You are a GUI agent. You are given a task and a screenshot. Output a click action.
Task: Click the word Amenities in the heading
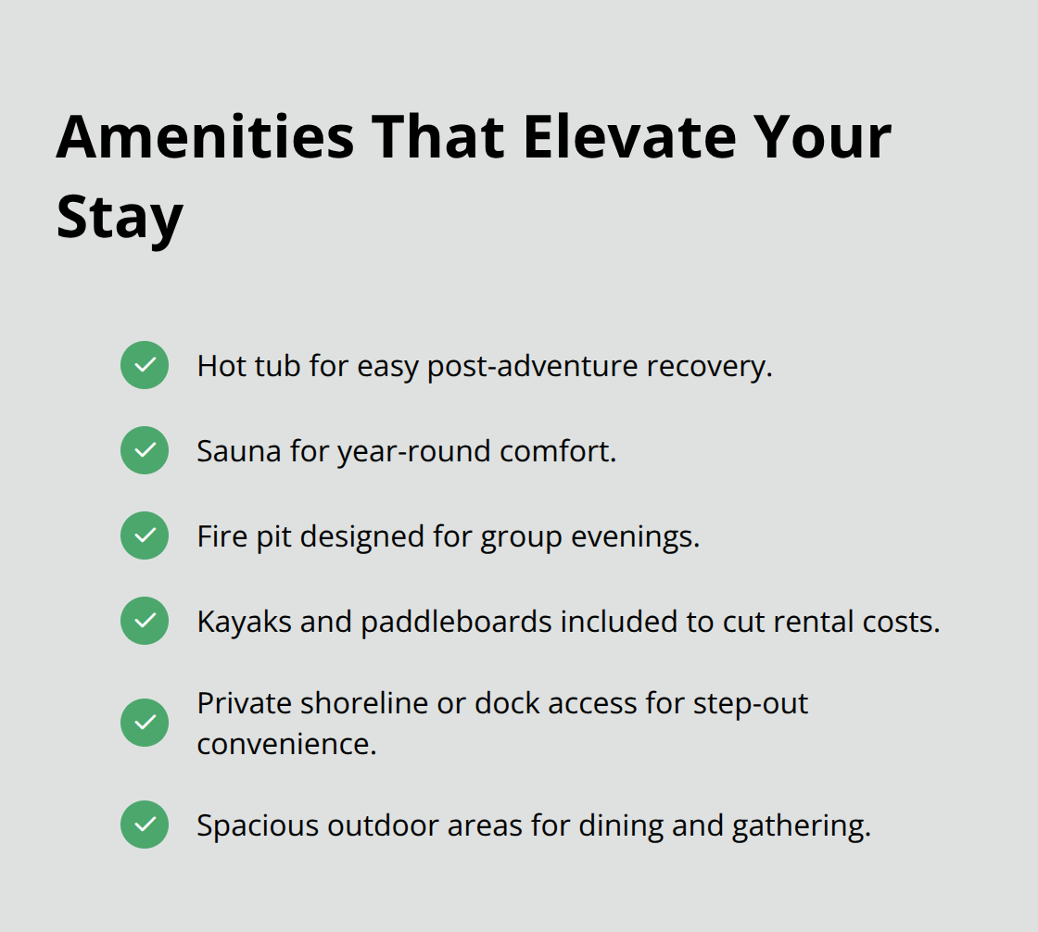[x=205, y=136]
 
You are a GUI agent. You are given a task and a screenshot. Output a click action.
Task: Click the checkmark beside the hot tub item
[x=145, y=365]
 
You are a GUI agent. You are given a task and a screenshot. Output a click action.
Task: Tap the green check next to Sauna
[x=145, y=450]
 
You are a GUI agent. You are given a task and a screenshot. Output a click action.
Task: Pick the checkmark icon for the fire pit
[x=145, y=535]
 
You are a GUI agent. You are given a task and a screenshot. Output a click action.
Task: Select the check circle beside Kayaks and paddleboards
[x=145, y=621]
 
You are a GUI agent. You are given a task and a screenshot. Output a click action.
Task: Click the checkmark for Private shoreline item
[x=145, y=723]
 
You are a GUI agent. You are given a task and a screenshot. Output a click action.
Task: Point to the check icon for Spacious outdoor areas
[x=145, y=825]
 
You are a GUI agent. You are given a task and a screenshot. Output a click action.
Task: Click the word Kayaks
[x=244, y=622]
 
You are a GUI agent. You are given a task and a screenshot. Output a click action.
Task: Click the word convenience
[x=286, y=743]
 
